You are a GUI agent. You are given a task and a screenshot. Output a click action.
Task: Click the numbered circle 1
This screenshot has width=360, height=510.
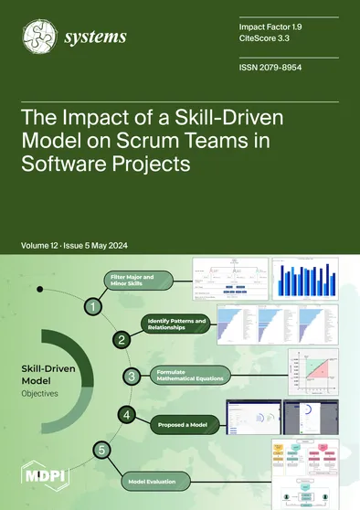pos(92,308)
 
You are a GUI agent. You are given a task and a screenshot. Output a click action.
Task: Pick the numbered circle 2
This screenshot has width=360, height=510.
pos(119,339)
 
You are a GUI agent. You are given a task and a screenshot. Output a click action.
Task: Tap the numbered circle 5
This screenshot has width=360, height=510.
pos(103,449)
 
